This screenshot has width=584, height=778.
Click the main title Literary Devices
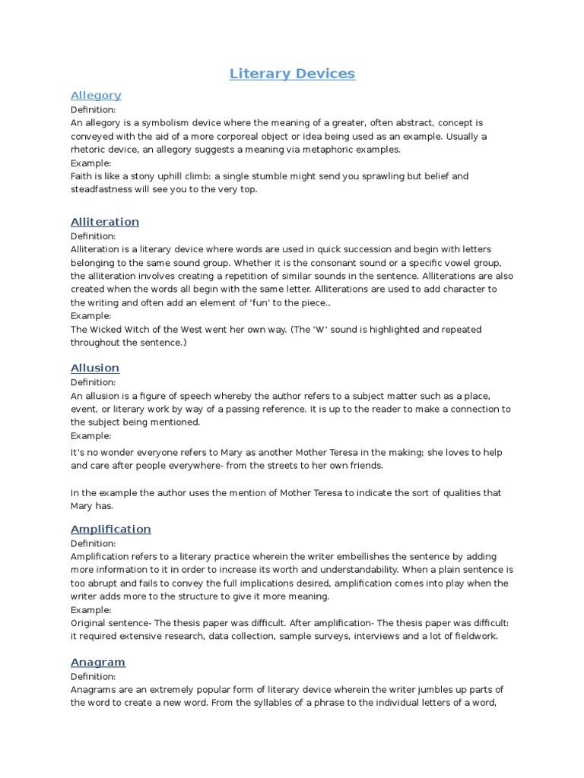click(x=292, y=74)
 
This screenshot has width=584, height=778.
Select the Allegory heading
click(x=96, y=95)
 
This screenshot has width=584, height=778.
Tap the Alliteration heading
click(x=105, y=222)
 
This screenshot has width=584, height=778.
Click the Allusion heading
click(x=95, y=368)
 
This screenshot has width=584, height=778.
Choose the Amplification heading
click(x=111, y=529)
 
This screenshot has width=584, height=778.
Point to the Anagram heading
click(x=98, y=662)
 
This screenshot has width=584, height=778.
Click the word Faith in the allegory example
click(x=83, y=176)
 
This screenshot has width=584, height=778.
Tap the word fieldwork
click(x=474, y=637)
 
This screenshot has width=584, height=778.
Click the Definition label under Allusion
click(x=93, y=382)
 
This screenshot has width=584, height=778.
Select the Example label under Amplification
click(x=90, y=610)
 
